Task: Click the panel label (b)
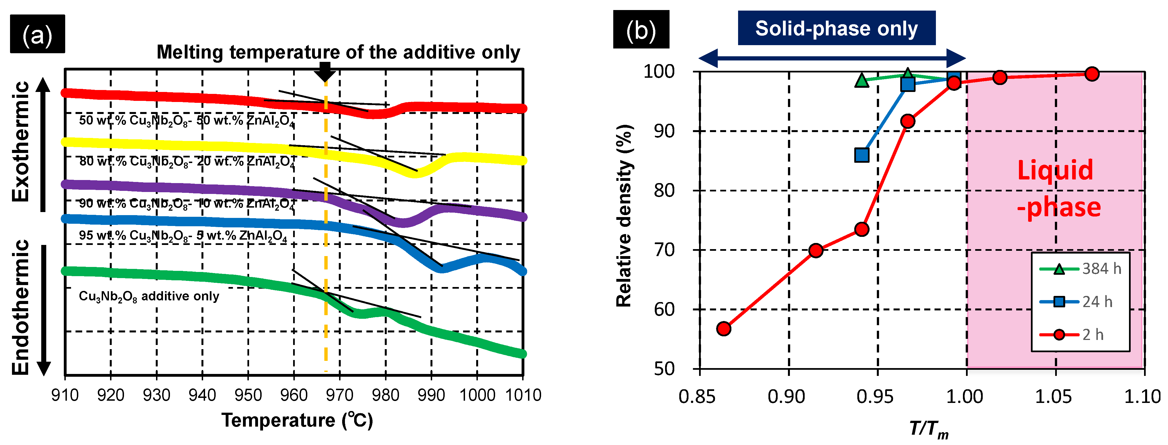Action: click(x=641, y=30)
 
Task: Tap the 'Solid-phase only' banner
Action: click(x=836, y=28)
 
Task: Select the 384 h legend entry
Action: click(x=1080, y=269)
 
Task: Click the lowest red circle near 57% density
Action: click(x=724, y=329)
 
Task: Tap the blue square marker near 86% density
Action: click(x=862, y=155)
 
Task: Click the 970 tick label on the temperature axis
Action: click(x=340, y=395)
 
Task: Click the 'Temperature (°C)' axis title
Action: click(x=297, y=420)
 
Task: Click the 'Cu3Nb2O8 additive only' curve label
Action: click(x=149, y=296)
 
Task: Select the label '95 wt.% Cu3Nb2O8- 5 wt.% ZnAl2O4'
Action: click(x=183, y=235)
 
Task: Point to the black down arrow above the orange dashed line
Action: click(x=325, y=72)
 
